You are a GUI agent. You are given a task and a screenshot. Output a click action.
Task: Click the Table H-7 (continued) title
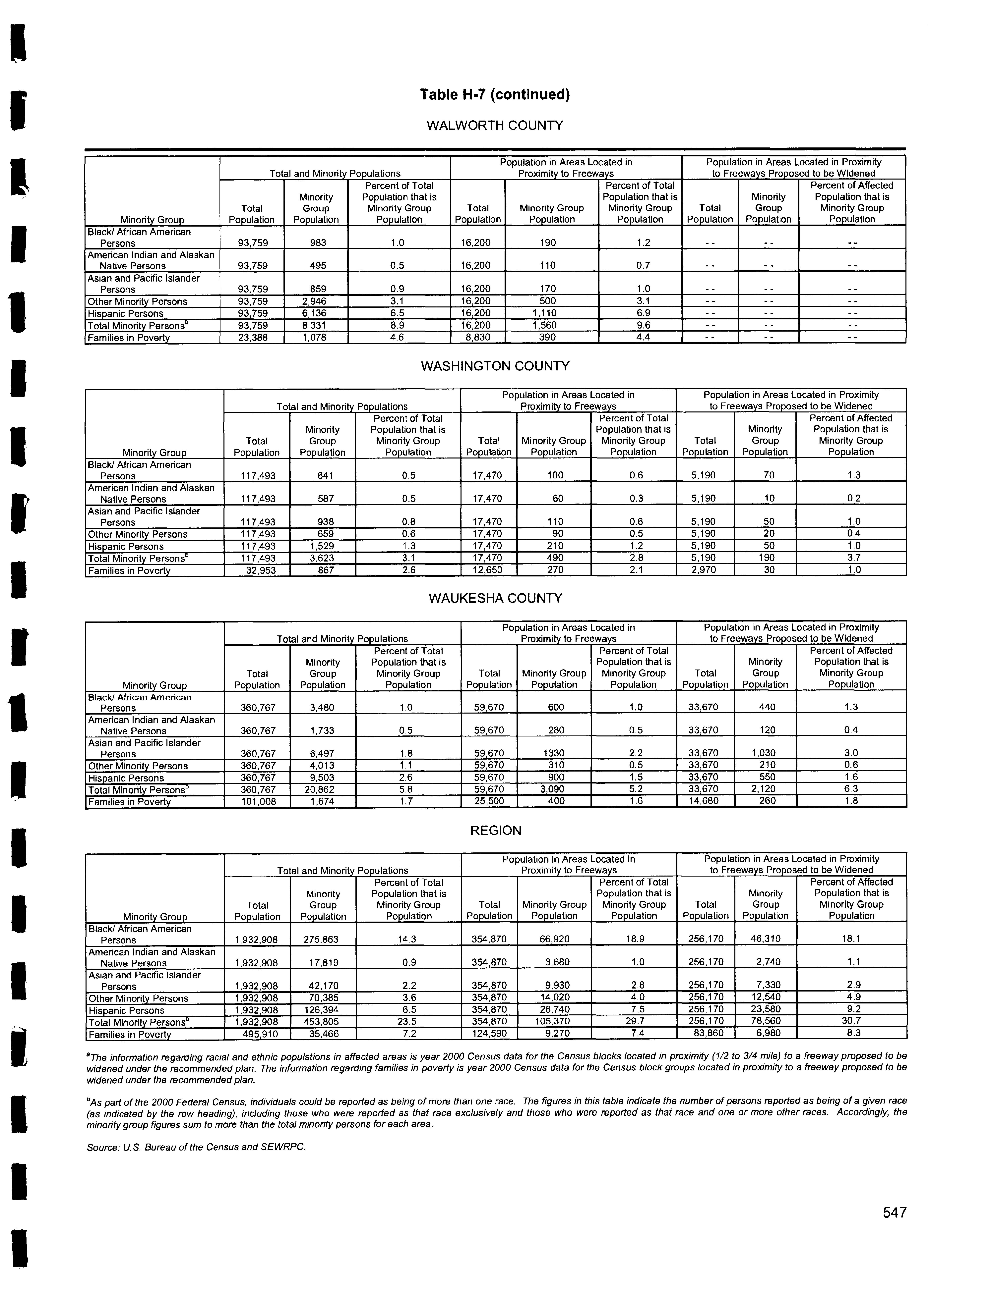pos(494,95)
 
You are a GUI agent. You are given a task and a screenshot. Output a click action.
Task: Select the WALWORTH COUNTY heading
pos(494,125)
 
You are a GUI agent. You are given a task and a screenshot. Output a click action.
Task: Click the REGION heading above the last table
pos(496,831)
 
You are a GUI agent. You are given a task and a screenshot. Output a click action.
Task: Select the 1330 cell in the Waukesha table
pos(556,754)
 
